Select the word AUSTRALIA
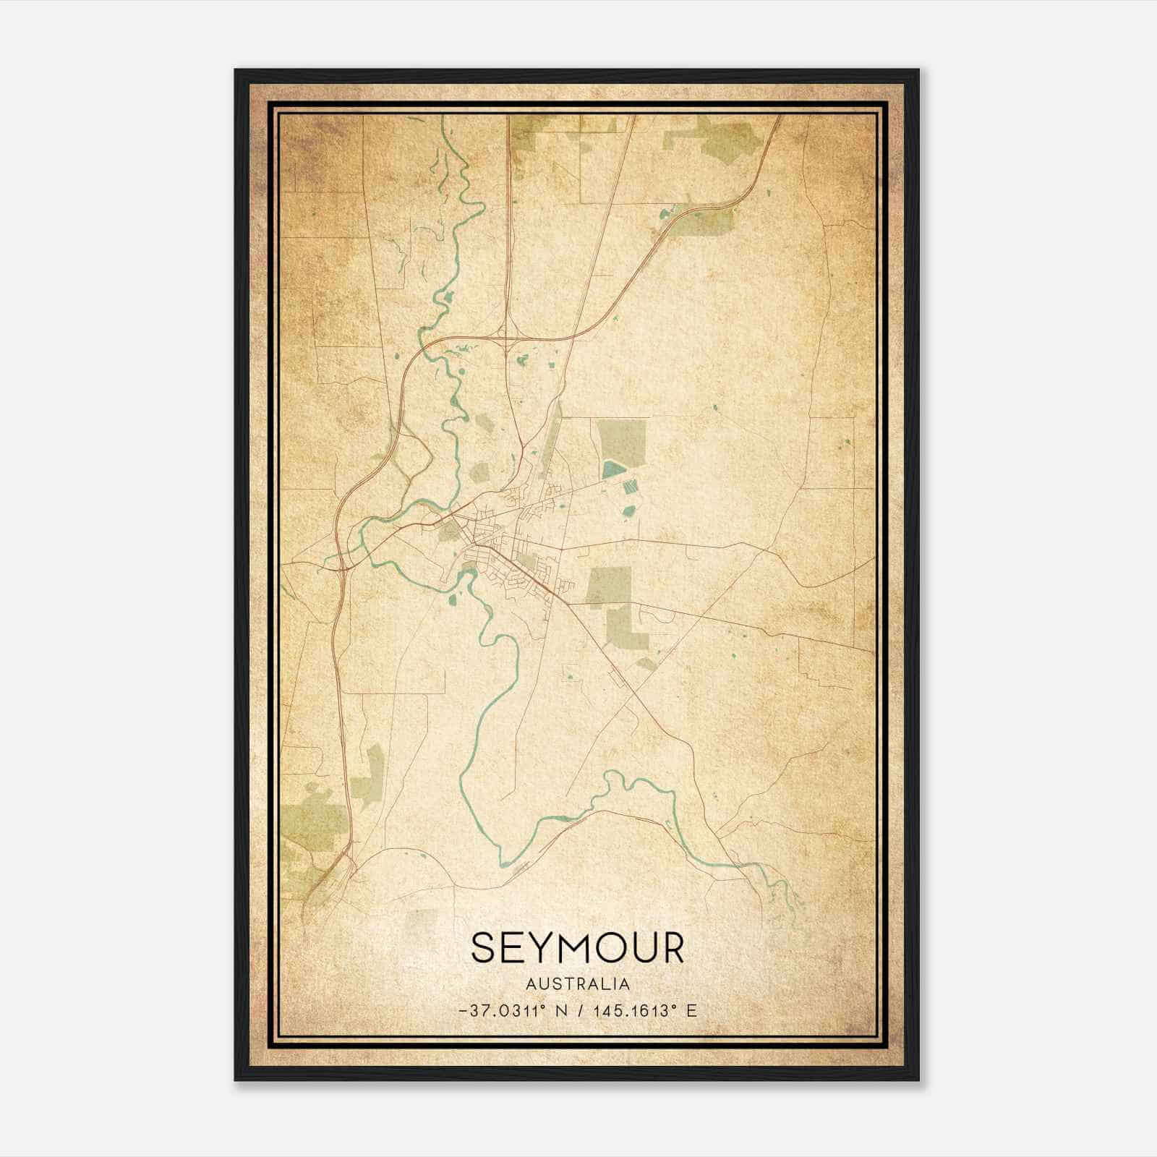click(578, 983)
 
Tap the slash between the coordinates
click(578, 1010)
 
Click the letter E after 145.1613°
click(691, 1010)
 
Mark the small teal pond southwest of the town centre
click(453, 599)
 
